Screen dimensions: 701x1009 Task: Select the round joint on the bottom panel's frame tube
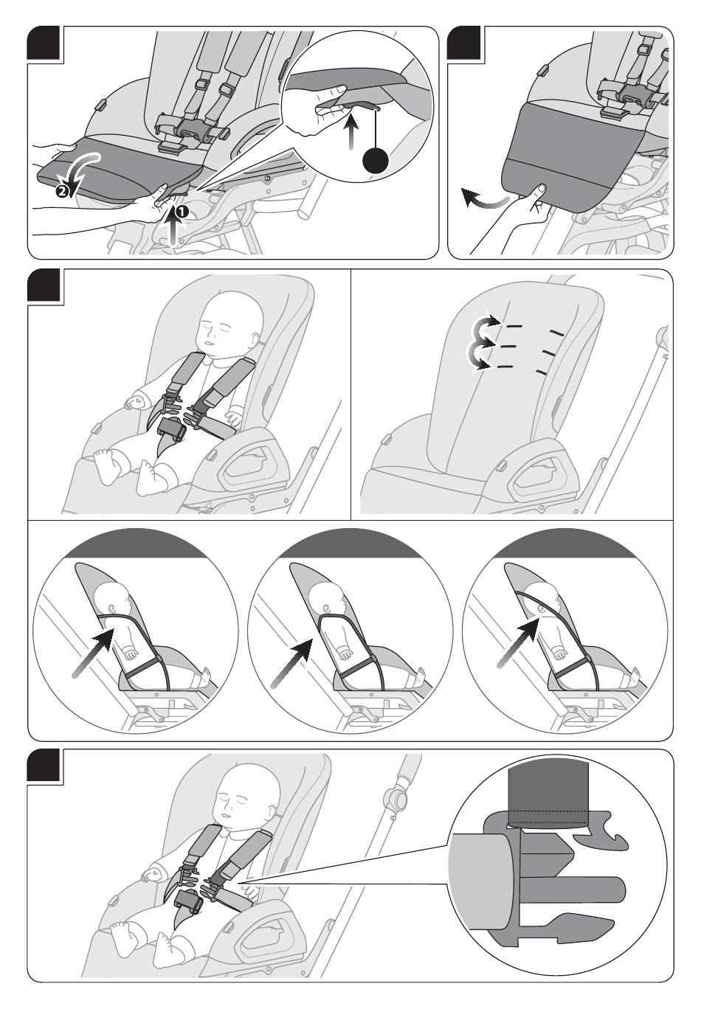[398, 799]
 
